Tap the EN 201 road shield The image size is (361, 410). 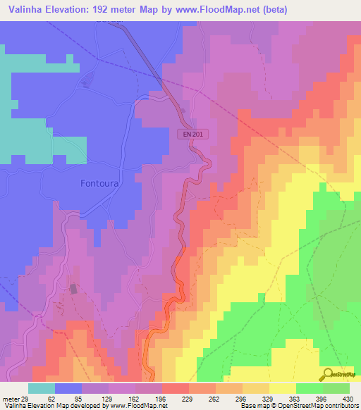click(194, 133)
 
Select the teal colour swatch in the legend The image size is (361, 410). click(42, 388)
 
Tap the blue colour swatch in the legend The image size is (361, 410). click(68, 388)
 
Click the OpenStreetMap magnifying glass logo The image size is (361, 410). click(327, 374)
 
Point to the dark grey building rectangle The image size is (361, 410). click(73, 288)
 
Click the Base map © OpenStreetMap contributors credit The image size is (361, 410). click(298, 406)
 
